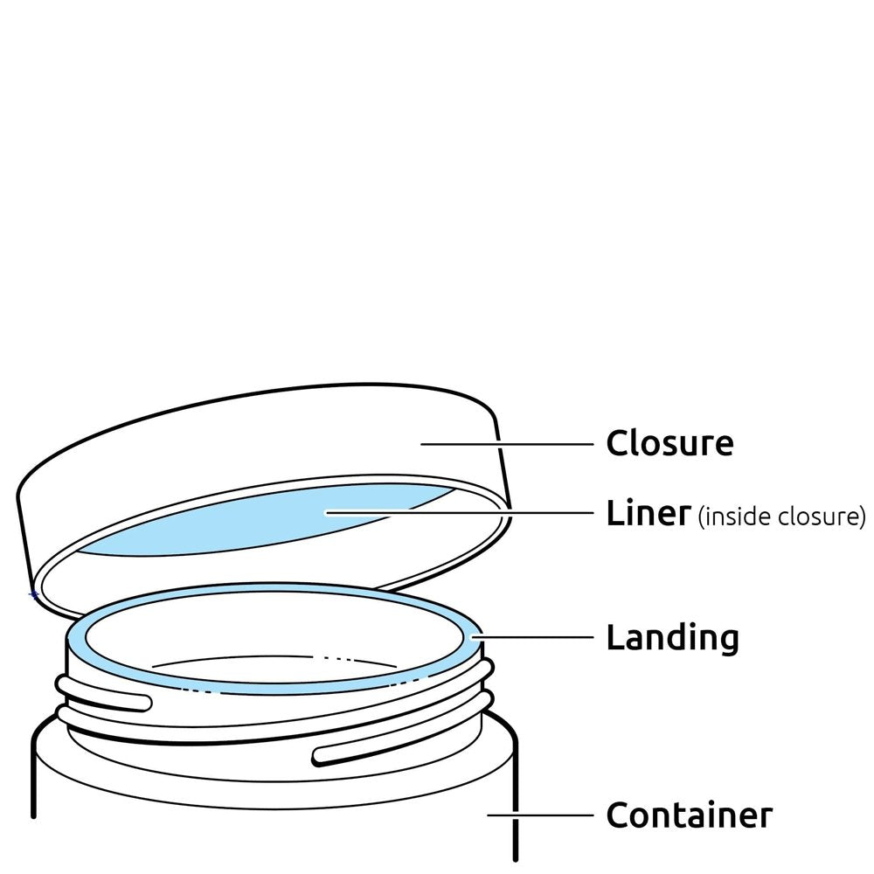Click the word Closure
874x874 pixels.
669,443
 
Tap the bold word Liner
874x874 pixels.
648,514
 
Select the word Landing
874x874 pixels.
672,638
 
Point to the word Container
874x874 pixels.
689,815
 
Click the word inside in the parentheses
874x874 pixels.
730,517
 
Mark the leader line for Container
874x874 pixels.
542,815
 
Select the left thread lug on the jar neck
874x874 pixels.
105,697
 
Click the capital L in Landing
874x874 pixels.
614,638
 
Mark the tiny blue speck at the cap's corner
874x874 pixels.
34,595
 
